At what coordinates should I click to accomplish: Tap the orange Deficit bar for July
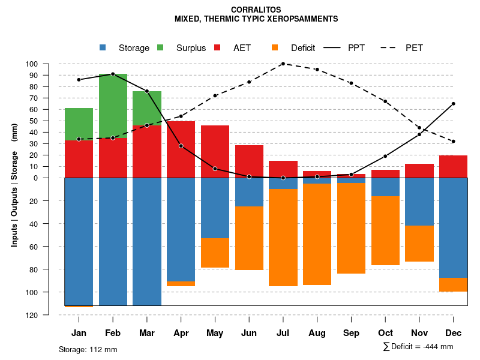pos(283,238)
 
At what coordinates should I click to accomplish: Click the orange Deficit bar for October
pos(385,230)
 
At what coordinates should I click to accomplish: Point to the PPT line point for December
pos(453,104)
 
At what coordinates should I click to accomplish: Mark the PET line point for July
pos(283,64)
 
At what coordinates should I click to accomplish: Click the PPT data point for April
pos(181,146)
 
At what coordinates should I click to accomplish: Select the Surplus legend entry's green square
pos(160,48)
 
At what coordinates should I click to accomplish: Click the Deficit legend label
pos(303,48)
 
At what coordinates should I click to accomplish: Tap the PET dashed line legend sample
pos(391,48)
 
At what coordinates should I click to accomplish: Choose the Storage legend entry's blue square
pos(103,48)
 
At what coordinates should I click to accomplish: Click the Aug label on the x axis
pos(317,333)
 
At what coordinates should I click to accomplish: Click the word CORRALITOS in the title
pos(256,10)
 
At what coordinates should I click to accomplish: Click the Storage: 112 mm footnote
pos(88,349)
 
